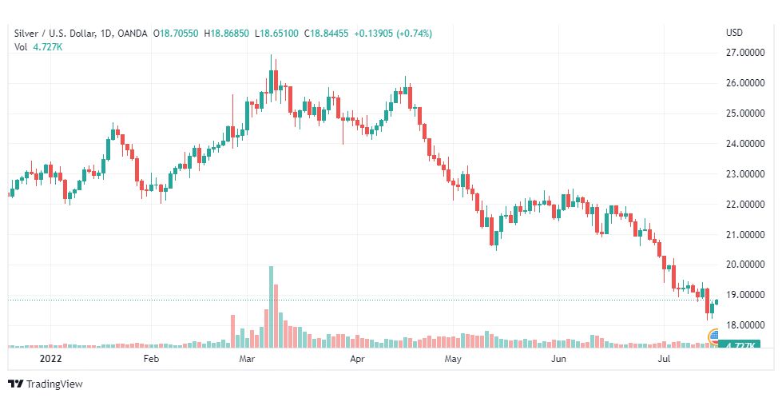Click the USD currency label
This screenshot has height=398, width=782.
[734, 33]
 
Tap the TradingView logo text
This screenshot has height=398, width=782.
[54, 384]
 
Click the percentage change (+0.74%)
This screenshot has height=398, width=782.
[412, 33]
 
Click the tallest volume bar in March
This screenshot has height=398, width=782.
[271, 307]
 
